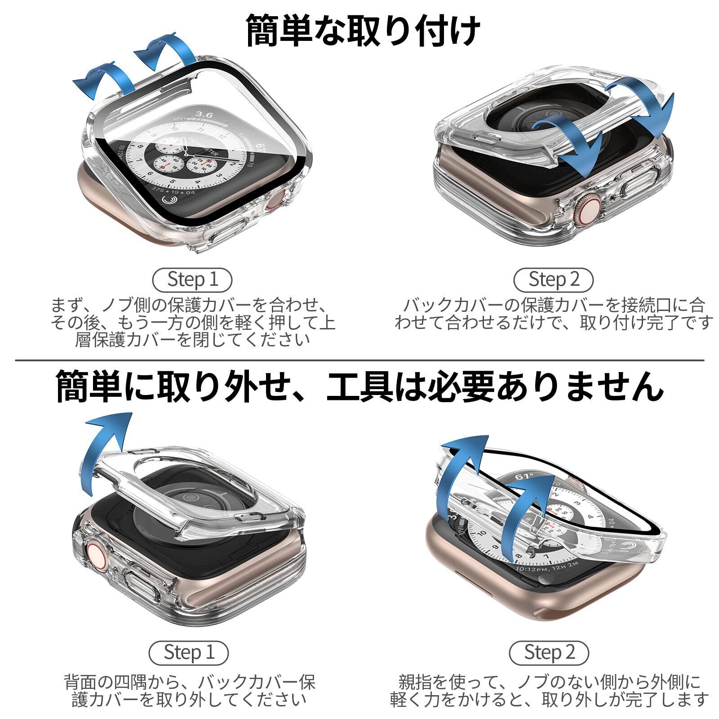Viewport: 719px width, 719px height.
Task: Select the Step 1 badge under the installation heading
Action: tap(192, 280)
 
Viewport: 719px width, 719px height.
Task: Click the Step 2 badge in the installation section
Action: tap(553, 280)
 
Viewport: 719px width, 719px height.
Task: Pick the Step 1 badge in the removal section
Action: tap(188, 652)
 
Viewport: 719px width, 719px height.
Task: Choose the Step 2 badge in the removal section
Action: tap(549, 652)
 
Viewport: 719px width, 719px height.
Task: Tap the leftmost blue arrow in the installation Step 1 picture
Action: tap(102, 81)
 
